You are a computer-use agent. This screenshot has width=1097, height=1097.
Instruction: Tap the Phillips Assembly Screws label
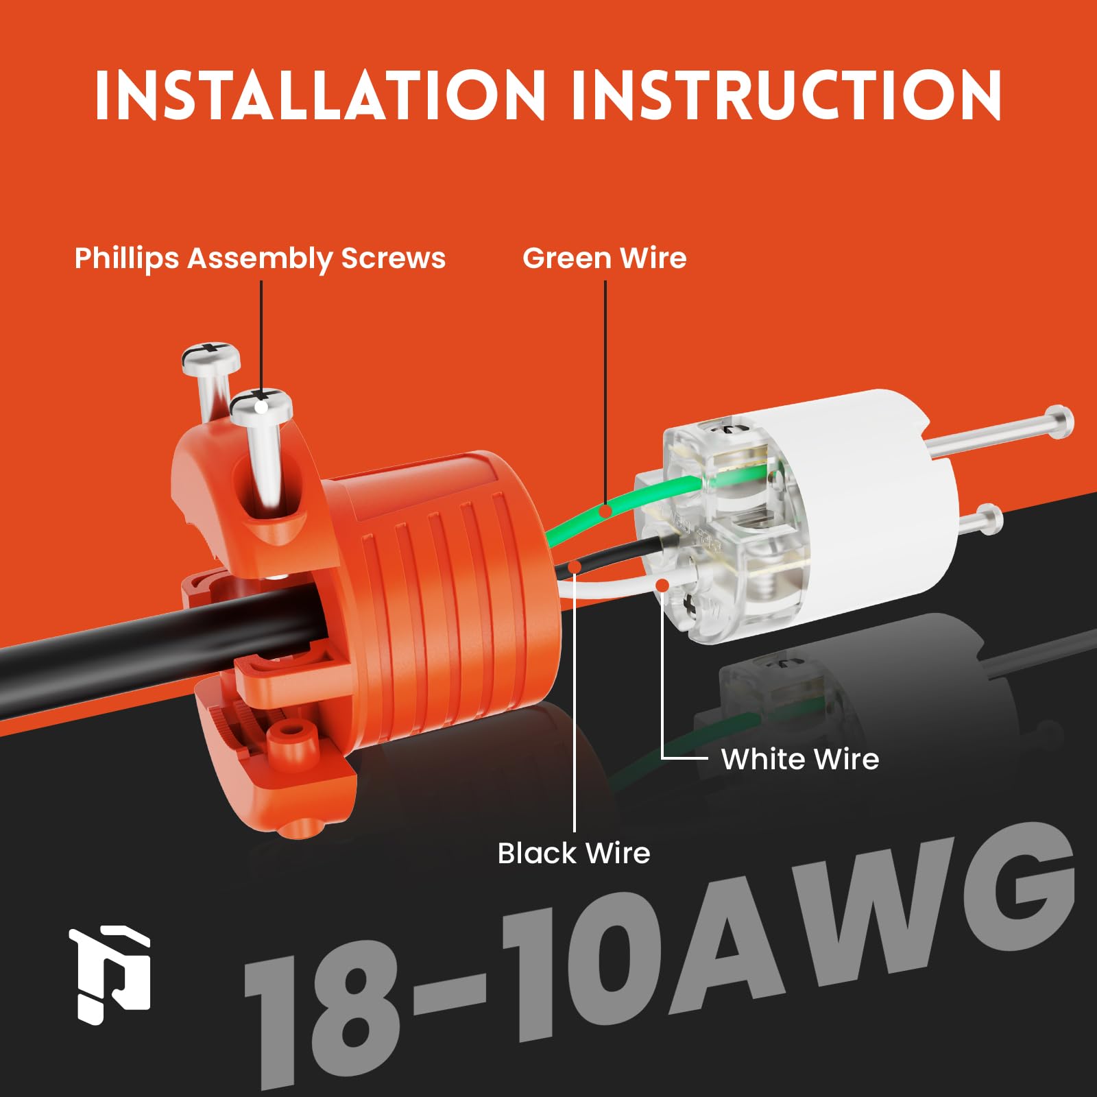tap(260, 258)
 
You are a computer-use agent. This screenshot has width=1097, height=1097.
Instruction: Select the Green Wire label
tap(604, 258)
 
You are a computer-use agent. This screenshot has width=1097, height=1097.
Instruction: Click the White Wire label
tap(799, 759)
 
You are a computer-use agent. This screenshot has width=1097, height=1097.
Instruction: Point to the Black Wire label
tap(573, 854)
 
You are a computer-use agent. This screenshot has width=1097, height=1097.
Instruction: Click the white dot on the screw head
tap(261, 407)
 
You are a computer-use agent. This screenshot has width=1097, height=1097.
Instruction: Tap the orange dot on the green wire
tap(605, 511)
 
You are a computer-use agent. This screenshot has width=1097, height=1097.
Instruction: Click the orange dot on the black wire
tap(575, 566)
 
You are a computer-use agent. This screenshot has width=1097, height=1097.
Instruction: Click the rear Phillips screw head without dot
tap(210, 357)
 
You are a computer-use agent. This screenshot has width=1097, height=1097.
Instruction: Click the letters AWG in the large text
tap(864, 919)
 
